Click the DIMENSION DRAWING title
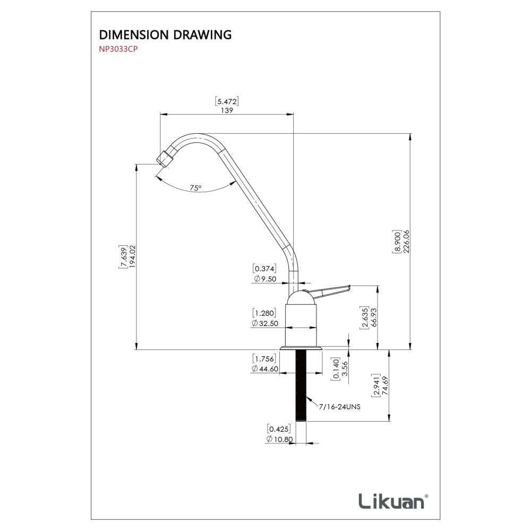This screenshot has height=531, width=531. (165, 35)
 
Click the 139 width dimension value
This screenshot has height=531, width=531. (227, 111)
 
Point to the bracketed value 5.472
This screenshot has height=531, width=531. (227, 101)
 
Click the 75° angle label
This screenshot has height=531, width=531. (195, 188)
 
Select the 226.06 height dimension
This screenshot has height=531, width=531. (406, 243)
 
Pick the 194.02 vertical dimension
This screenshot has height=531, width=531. (132, 256)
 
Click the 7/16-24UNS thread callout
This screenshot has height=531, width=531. (340, 407)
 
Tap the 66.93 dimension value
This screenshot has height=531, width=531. (374, 319)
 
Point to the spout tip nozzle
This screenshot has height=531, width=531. (165, 158)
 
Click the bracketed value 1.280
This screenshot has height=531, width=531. (264, 313)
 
